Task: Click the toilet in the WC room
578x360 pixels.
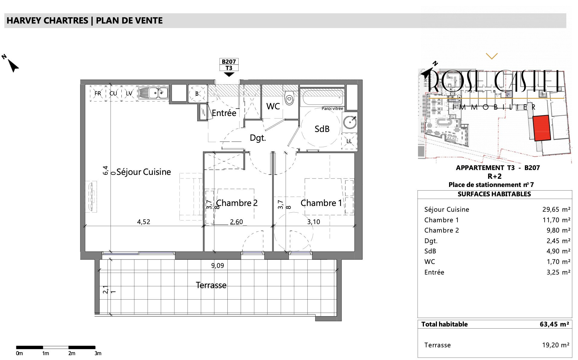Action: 289,96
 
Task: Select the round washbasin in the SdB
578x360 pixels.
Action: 350,123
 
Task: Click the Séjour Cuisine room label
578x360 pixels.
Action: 144,172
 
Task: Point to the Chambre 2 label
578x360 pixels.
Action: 237,203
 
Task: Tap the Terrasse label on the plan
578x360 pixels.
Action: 211,285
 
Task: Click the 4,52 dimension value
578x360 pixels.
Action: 143,222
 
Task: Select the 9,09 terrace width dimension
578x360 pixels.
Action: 217,266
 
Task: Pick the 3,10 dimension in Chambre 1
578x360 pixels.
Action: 313,222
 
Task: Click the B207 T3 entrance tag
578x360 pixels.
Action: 229,65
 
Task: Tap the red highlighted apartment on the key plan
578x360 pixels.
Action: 542,128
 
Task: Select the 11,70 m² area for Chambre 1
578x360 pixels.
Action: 556,220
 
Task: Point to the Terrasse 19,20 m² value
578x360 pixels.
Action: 556,345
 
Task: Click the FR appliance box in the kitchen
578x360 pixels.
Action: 98,93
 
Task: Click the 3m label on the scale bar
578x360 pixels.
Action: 98,353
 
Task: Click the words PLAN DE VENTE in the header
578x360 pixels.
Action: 129,21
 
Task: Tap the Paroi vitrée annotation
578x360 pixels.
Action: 332,108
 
